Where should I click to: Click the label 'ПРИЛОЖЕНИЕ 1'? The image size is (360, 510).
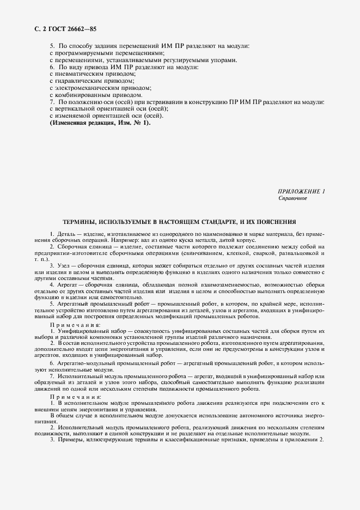point(301,192)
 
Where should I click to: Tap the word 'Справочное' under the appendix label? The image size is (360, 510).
point(293,199)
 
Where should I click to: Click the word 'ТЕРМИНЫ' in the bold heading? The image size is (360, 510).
point(81,222)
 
